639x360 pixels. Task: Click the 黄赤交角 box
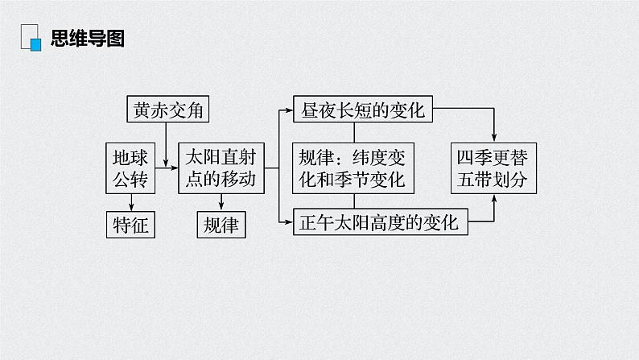[x=167, y=110]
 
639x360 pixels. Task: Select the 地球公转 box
[x=130, y=168]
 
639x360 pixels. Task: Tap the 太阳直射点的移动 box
[x=221, y=168]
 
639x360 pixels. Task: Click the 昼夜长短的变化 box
[x=362, y=110]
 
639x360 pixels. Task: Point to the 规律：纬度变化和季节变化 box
[x=352, y=168]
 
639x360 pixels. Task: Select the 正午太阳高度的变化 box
[x=378, y=222]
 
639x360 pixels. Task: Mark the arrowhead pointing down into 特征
[x=130, y=208]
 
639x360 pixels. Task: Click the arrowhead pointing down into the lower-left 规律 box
[x=221, y=208]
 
